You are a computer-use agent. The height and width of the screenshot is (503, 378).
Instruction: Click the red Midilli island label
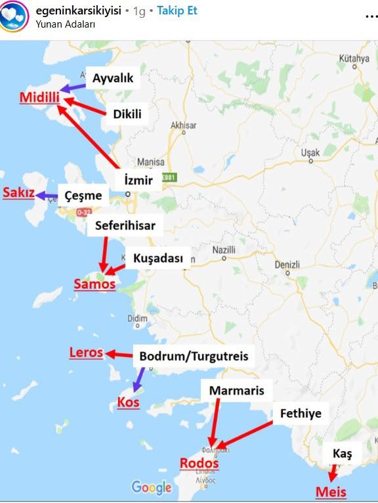pyautogui.click(x=39, y=98)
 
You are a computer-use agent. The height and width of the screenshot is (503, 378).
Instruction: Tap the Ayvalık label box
pyautogui.click(x=113, y=79)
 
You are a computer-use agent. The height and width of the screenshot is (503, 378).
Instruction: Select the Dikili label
pyautogui.click(x=127, y=114)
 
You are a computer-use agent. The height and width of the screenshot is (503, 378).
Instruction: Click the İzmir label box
pyautogui.click(x=138, y=180)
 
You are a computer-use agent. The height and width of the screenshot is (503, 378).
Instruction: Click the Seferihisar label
pyautogui.click(x=125, y=226)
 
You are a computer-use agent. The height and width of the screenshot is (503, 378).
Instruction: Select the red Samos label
pyautogui.click(x=94, y=284)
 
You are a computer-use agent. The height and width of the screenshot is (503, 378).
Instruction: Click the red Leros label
pyautogui.click(x=87, y=353)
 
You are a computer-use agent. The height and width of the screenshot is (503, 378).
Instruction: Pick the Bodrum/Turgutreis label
pyautogui.click(x=194, y=357)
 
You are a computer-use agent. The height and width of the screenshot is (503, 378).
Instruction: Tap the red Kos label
pyautogui.click(x=128, y=402)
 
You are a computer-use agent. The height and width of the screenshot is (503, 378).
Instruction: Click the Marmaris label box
pyautogui.click(x=236, y=391)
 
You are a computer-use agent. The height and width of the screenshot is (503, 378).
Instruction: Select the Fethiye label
pyautogui.click(x=300, y=414)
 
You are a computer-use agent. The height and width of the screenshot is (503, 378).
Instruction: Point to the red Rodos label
pyautogui.click(x=199, y=464)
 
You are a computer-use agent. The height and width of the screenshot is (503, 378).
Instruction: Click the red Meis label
pyautogui.click(x=331, y=492)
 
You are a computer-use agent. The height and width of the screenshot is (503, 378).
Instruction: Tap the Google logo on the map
pyautogui.click(x=151, y=487)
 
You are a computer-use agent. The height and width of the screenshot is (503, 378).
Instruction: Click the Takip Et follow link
pyautogui.click(x=177, y=11)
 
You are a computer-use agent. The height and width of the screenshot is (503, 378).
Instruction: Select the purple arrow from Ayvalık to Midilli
pyautogui.click(x=75, y=87)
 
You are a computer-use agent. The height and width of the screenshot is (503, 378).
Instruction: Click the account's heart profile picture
pyautogui.click(x=14, y=16)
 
